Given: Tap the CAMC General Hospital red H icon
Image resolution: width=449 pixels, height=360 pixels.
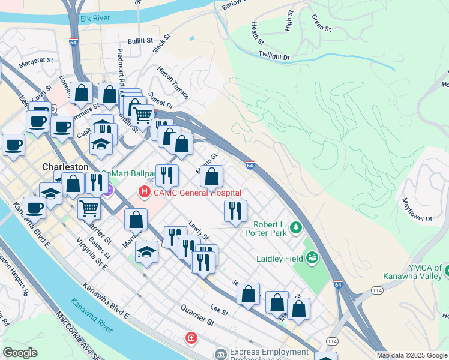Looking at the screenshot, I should point(144,193).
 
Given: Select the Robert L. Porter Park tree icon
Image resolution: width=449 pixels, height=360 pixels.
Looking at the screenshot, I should point(295,227).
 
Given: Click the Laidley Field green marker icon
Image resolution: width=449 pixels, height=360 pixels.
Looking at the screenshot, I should point(312,258).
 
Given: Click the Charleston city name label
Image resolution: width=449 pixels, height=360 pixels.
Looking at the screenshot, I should point(65,166).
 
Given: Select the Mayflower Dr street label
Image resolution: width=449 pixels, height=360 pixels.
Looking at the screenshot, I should point(417,211).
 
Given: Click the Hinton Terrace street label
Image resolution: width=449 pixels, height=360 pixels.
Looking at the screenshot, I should point(173,83).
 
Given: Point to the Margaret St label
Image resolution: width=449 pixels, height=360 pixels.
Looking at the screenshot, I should point(37,61).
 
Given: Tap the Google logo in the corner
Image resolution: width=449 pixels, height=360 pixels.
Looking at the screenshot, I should point(20,353).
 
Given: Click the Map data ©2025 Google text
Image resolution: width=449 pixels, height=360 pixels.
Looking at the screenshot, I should point(412,355).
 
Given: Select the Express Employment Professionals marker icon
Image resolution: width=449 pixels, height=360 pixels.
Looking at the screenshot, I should point(220,354).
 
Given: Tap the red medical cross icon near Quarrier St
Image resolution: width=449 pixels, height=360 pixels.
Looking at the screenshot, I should point(191,338).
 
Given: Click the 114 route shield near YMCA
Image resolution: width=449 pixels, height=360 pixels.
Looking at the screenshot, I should point(376,290).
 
